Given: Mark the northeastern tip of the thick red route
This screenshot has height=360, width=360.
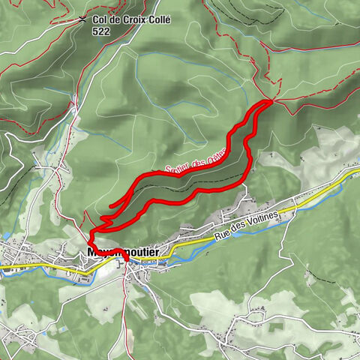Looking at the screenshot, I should pos(271,100).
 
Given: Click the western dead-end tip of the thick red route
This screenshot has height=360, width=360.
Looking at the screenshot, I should pos(111,205).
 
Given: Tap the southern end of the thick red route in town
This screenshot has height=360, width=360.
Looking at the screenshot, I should pos(126,260).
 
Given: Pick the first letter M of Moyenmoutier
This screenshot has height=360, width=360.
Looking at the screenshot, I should pos(92,252).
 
